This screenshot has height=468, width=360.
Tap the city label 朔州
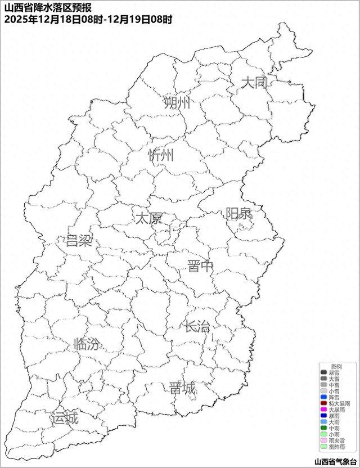[x=177, y=103]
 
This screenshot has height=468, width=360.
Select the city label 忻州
[x=161, y=156]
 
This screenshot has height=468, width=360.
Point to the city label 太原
[x=148, y=218]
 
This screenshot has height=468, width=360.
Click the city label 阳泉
[x=239, y=214]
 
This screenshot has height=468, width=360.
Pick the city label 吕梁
[x=79, y=241]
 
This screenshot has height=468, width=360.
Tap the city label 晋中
[x=201, y=266]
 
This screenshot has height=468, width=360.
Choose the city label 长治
[x=197, y=326]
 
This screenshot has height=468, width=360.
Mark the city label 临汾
[x=87, y=344]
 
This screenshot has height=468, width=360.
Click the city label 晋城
[x=182, y=388]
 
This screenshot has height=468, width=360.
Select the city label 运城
[x=64, y=418]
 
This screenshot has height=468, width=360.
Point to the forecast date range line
[x=88, y=19]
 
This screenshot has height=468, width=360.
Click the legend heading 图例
[x=336, y=366]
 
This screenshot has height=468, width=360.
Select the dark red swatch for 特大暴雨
[x=323, y=403]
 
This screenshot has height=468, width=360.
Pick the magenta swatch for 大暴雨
[x=323, y=409]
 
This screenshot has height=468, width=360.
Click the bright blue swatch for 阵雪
[x=323, y=397]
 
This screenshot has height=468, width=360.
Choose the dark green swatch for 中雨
[x=323, y=428]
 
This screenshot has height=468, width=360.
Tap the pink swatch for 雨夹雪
[x=323, y=440]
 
